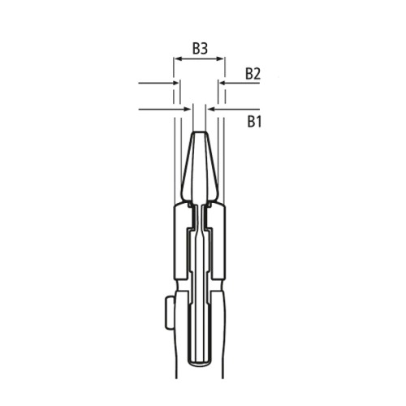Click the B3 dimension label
click(x=201, y=49)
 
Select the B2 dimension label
click(x=253, y=74)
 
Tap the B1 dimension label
click(x=253, y=122)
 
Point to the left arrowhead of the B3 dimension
click(x=177, y=59)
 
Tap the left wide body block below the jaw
click(x=182, y=235)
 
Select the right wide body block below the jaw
click(x=218, y=235)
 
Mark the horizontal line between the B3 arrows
click(x=200, y=59)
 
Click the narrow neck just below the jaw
click(x=200, y=213)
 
